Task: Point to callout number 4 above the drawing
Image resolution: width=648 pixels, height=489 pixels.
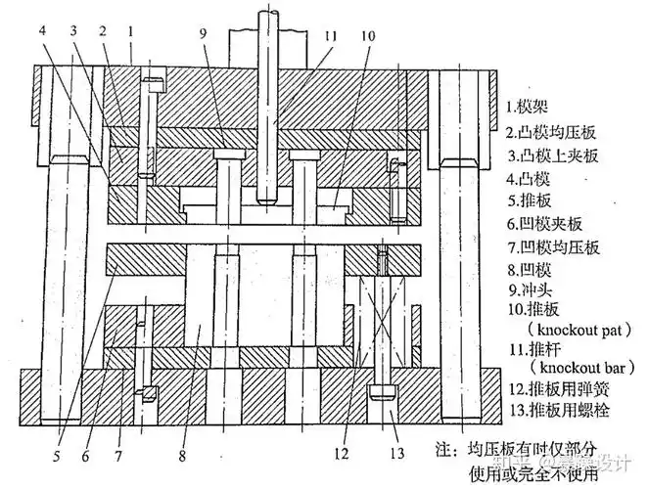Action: coord(43,31)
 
